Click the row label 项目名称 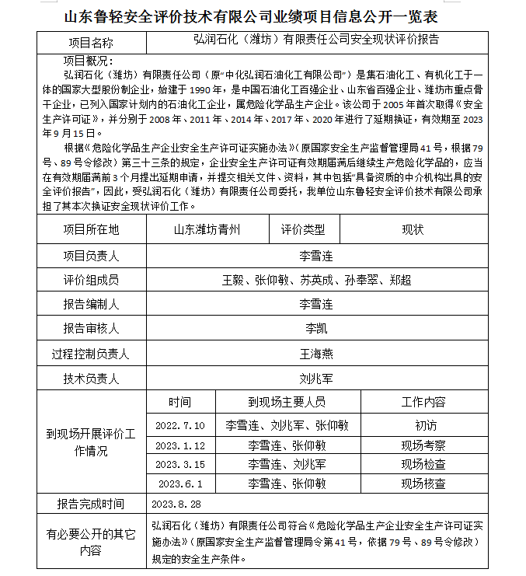(91, 43)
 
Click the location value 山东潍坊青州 (207, 229)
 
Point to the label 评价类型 (303, 229)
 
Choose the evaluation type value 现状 (413, 229)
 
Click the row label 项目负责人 (91, 254)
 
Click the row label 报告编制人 (91, 304)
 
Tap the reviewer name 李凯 (315, 329)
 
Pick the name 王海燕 (315, 354)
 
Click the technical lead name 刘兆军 (315, 379)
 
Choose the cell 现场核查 (423, 483)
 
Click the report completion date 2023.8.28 (178, 504)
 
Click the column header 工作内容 (423, 402)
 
